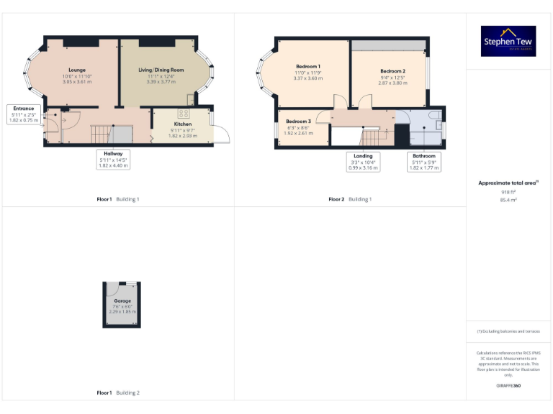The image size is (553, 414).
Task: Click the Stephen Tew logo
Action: pyautogui.click(x=509, y=41)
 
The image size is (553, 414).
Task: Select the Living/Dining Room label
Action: pyautogui.click(x=161, y=70)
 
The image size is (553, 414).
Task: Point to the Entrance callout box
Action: pyautogui.click(x=24, y=114)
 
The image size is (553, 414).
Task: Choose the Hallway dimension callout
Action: pyautogui.click(x=113, y=159)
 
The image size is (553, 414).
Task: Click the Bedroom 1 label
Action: pyautogui.click(x=307, y=66)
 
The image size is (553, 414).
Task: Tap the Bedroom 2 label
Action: pyautogui.click(x=392, y=71)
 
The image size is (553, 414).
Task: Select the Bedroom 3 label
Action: pyautogui.click(x=298, y=121)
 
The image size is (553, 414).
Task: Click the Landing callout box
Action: pyautogui.click(x=364, y=162)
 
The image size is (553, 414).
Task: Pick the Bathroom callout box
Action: pyautogui.click(x=424, y=162)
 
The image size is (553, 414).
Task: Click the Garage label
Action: pyautogui.click(x=122, y=300)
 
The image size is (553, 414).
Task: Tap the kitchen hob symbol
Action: pyautogui.click(x=184, y=114)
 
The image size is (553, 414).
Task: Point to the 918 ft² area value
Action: pyautogui.click(x=509, y=193)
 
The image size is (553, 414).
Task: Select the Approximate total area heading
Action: pyautogui.click(x=509, y=183)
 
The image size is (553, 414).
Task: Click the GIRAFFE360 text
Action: pyautogui.click(x=509, y=386)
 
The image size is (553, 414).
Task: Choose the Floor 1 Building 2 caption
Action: pyautogui.click(x=118, y=392)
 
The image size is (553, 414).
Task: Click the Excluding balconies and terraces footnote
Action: pyautogui.click(x=509, y=331)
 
